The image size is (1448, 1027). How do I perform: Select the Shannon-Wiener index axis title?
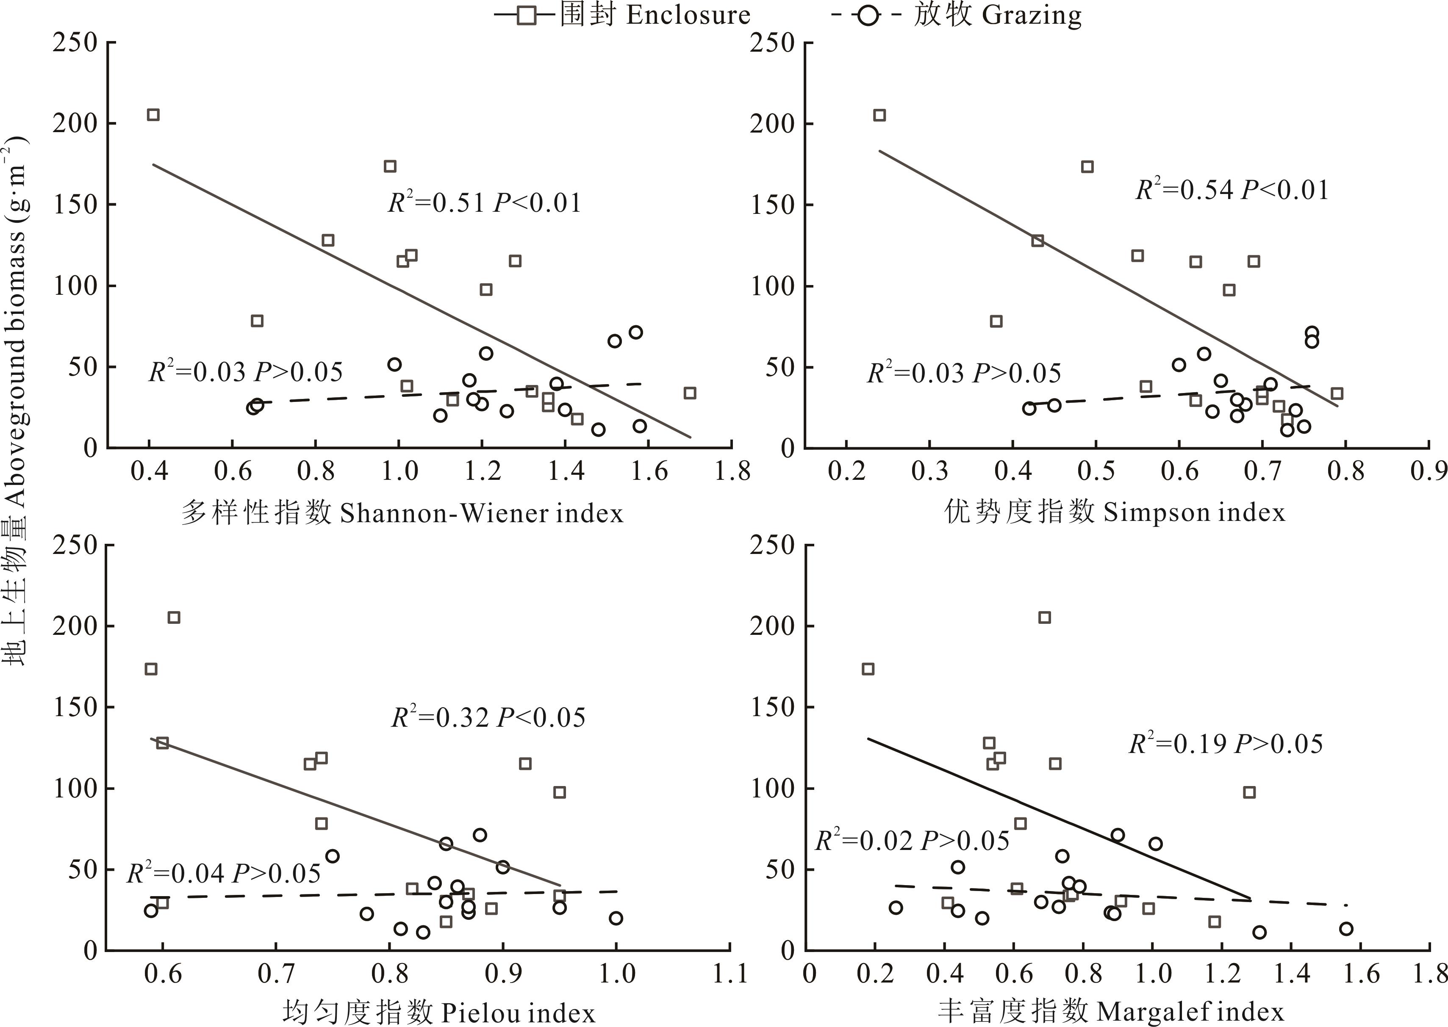tap(402, 512)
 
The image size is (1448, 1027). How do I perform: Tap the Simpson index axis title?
tap(1115, 512)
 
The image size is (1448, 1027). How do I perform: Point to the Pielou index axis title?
tap(438, 1013)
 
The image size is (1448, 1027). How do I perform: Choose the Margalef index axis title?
tap(1110, 1011)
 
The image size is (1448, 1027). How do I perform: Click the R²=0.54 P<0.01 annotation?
tap(1232, 190)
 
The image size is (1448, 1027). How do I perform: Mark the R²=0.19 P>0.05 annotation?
tap(1226, 744)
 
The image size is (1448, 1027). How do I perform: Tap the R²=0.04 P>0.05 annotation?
tap(224, 873)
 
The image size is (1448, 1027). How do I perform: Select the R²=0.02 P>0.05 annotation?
tap(912, 841)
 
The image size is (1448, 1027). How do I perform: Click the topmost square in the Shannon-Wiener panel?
tap(153, 114)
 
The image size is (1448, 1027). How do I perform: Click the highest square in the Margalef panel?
tap(1044, 617)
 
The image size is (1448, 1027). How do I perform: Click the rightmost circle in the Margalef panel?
tap(1346, 928)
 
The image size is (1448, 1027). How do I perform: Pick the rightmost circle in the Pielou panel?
tap(616, 918)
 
